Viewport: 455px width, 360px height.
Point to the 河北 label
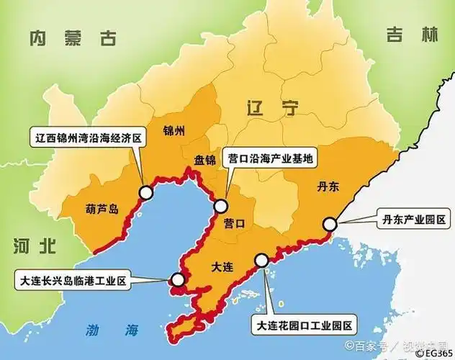click(34, 246)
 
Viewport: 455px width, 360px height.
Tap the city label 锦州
click(174, 131)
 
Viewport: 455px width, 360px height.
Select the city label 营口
click(234, 224)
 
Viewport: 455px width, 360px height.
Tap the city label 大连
click(222, 267)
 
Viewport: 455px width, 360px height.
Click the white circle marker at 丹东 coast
click(330, 224)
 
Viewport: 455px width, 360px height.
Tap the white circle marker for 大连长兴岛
click(176, 280)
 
